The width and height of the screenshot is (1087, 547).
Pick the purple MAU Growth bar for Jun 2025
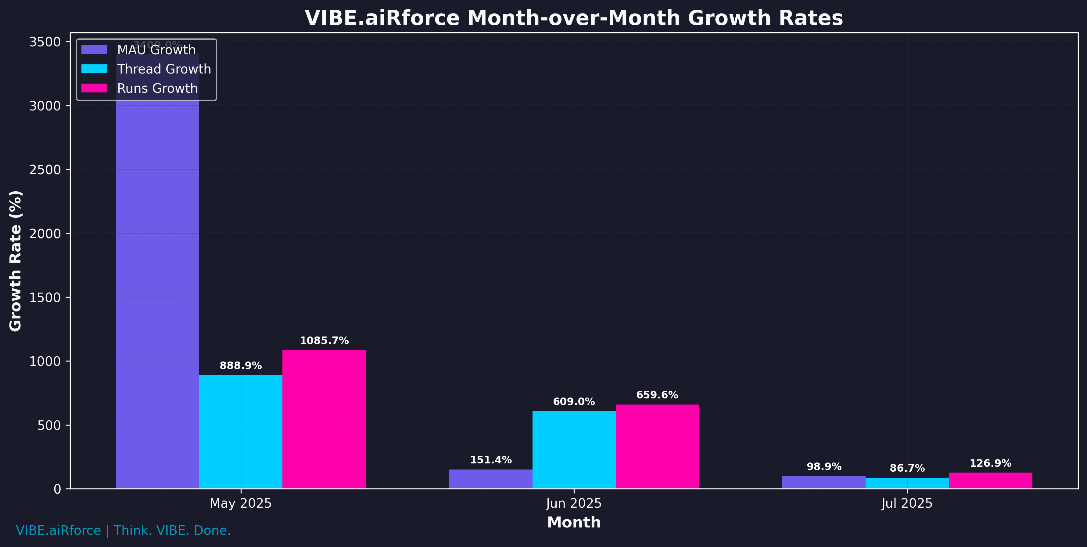[x=490, y=479]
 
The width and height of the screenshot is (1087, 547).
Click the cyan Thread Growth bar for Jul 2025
[x=907, y=483]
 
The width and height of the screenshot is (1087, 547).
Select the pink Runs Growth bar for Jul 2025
[x=990, y=481]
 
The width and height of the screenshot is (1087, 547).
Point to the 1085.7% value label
[x=324, y=340]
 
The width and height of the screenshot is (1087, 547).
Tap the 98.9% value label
[x=824, y=466]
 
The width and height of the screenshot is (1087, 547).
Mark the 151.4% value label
[x=491, y=460]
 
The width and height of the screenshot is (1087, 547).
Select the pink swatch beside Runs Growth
[x=94, y=88]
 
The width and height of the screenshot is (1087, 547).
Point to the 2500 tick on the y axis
[x=45, y=170]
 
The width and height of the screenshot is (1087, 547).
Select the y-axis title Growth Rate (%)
[x=16, y=261]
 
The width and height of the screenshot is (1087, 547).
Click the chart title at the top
[x=573, y=18]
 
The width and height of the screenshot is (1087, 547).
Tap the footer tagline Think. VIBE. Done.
[x=172, y=530]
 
